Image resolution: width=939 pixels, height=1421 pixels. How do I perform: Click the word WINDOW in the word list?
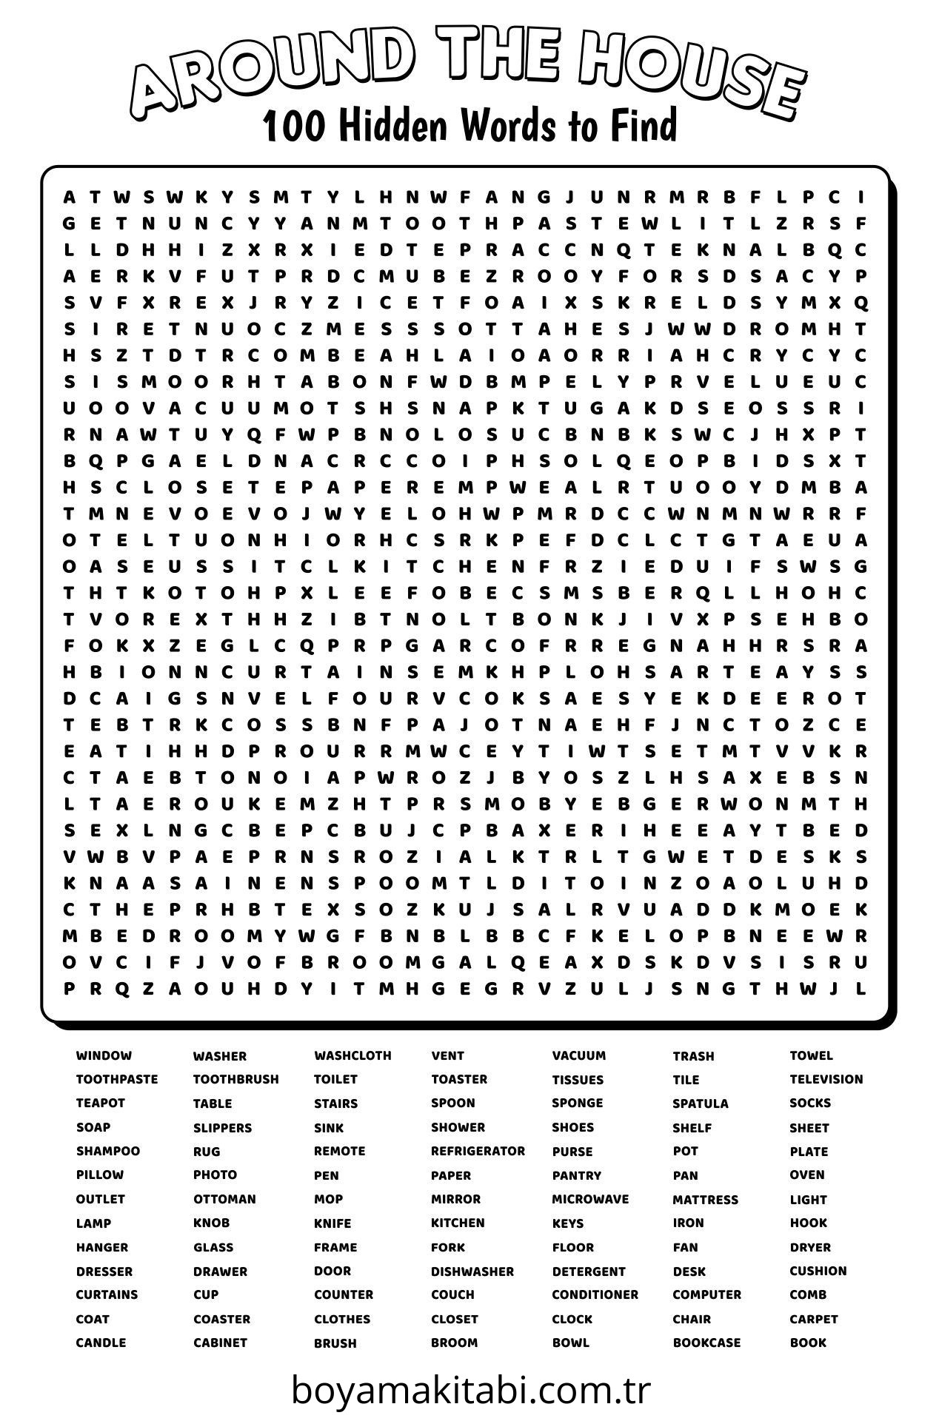pyautogui.click(x=104, y=1055)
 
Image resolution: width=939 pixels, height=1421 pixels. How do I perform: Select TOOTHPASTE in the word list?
pyautogui.click(x=117, y=1079)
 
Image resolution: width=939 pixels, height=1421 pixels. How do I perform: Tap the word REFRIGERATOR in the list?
pyautogui.click(x=478, y=1151)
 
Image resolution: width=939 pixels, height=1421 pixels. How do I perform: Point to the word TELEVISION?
pyautogui.click(x=826, y=1079)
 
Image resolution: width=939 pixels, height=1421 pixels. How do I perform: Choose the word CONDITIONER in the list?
pyautogui.click(x=595, y=1294)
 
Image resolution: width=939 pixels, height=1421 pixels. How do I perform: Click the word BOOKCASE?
pyautogui.click(x=706, y=1343)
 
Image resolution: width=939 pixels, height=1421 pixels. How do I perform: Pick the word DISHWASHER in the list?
pyautogui.click(x=472, y=1271)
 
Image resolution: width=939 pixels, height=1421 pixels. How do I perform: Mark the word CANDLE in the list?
pyautogui.click(x=101, y=1343)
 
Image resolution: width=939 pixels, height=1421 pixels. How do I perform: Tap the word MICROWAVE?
pyautogui.click(x=590, y=1199)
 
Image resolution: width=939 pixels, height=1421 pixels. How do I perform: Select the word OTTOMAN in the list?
pyautogui.click(x=224, y=1199)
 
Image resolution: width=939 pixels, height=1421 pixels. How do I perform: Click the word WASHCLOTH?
pyautogui.click(x=352, y=1055)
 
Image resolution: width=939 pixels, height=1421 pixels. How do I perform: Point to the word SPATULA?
pyautogui.click(x=701, y=1103)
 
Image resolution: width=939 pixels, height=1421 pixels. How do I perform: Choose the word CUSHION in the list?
pyautogui.click(x=818, y=1271)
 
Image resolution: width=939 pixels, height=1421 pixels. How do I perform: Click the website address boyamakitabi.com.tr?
pyautogui.click(x=470, y=1391)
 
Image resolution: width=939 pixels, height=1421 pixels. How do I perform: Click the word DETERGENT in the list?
pyautogui.click(x=589, y=1271)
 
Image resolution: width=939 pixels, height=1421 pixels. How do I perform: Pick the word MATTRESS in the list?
pyautogui.click(x=705, y=1199)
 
